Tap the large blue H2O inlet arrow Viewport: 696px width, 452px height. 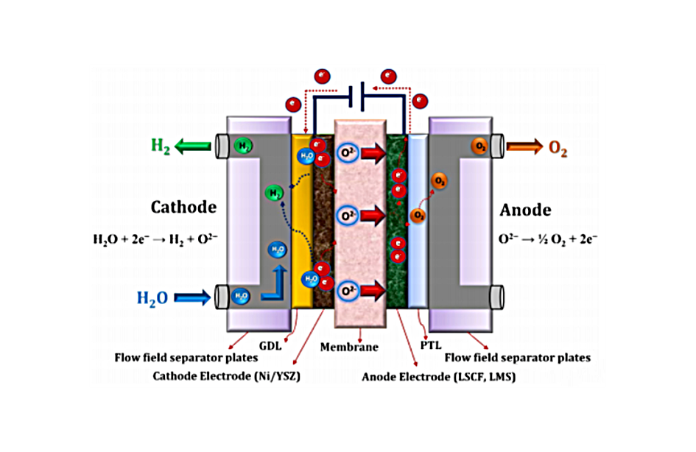194,298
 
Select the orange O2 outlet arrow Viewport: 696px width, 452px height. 523,147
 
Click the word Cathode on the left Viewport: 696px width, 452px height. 183,207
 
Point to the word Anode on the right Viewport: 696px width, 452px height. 525,210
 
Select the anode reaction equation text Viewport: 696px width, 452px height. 549,239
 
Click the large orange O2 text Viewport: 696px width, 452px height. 558,148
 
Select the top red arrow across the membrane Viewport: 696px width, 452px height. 373,155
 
